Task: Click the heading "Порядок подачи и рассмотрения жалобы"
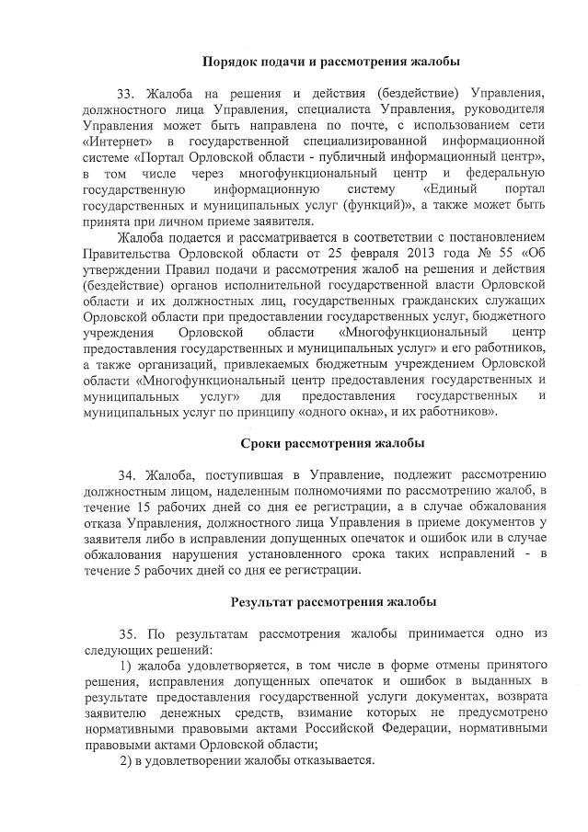(331, 62)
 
